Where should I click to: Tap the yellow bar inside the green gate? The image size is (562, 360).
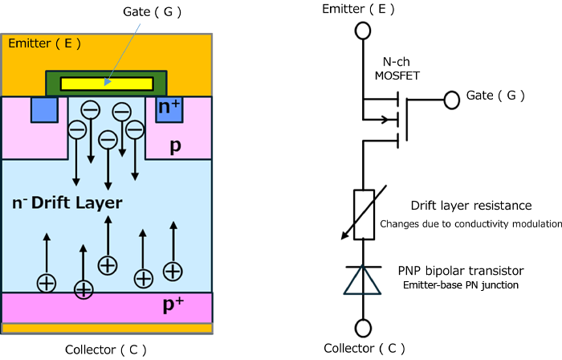coord(107,84)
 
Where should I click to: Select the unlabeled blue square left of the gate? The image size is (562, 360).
coord(44,109)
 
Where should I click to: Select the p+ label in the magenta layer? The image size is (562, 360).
coord(173,306)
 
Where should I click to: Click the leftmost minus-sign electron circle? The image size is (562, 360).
coord(77,129)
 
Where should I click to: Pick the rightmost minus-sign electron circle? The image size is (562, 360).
coord(135,129)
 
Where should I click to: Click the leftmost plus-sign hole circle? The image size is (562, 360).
coord(47,282)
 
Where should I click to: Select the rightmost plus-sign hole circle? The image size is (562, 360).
coord(173,271)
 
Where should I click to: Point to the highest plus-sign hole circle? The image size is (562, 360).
coord(108,264)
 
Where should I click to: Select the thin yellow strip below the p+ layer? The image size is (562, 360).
coord(107,328)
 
